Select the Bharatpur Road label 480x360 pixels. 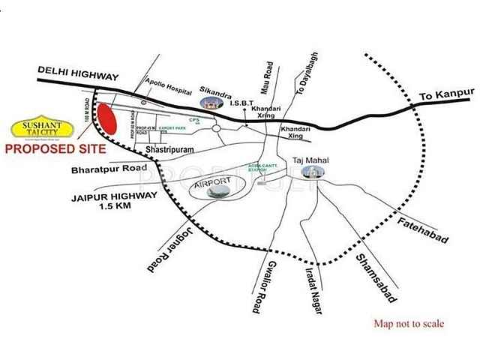(x=109, y=170)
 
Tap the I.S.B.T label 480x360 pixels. (x=244, y=103)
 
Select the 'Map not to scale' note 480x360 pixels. (x=409, y=324)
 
